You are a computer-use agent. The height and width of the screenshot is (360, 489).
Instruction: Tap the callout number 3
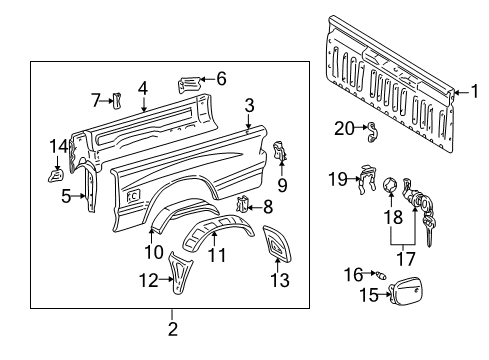(249, 104)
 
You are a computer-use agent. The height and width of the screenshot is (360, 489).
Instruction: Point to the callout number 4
(143, 88)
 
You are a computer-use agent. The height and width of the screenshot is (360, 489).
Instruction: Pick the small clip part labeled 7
(117, 99)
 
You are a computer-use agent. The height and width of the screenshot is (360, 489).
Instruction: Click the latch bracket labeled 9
(281, 152)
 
